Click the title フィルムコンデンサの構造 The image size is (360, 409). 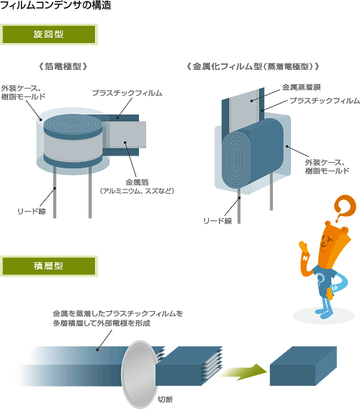click(x=55, y=5)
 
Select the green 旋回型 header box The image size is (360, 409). click(x=49, y=35)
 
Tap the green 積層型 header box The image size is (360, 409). click(x=49, y=266)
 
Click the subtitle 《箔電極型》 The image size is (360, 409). click(x=63, y=66)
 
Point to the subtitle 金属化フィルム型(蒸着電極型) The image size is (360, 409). click(x=253, y=66)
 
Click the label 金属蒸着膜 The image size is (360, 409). click(x=301, y=87)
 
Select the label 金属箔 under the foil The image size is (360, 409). click(x=137, y=182)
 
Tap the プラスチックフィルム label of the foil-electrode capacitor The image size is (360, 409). click(x=127, y=93)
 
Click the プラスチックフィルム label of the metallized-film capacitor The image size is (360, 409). click(x=325, y=100)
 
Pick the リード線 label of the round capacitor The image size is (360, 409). click(x=32, y=211)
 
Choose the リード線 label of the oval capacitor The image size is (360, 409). click(x=217, y=221)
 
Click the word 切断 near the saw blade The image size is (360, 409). click(x=165, y=400)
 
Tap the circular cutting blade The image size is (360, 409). click(x=139, y=374)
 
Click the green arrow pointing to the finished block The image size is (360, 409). click(x=243, y=372)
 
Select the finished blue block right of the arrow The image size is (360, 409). click(x=303, y=367)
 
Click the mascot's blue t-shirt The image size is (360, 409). click(x=323, y=282)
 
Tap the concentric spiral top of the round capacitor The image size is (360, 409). click(x=73, y=124)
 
